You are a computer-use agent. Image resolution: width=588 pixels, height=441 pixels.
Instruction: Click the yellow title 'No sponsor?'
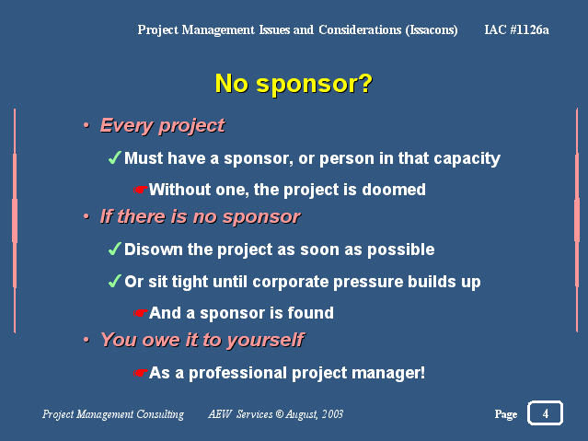pos(294,84)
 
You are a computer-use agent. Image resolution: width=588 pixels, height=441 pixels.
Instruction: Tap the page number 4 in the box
pos(546,413)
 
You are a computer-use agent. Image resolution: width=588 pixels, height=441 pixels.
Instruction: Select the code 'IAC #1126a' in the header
pos(516,29)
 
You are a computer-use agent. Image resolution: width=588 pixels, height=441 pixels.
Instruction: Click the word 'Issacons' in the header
pos(432,30)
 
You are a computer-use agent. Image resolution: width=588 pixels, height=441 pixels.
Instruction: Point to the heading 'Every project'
pos(162,126)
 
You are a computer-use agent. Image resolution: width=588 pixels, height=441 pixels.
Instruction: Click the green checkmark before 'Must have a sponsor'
pos(114,157)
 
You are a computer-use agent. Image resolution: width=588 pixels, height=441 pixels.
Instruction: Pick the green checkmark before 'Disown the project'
pos(114,249)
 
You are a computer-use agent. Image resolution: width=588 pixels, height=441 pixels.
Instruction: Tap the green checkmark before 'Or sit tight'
pos(114,281)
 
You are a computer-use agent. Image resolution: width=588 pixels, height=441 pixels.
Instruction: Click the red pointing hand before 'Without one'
pos(140,190)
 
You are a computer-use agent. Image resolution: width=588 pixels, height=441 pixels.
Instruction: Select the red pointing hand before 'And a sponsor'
pos(140,313)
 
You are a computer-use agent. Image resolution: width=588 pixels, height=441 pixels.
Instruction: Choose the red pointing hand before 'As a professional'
pos(140,373)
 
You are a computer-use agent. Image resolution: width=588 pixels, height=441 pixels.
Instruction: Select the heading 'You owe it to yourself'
pos(202,341)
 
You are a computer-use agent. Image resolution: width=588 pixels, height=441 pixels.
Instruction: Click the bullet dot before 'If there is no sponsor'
pos(86,216)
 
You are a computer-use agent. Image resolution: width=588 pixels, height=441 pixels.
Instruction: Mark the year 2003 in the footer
pos(332,414)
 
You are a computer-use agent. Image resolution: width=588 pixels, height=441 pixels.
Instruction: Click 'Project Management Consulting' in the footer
pos(113,414)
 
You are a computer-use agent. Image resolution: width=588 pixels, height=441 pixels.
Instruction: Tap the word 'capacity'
pos(467,158)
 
